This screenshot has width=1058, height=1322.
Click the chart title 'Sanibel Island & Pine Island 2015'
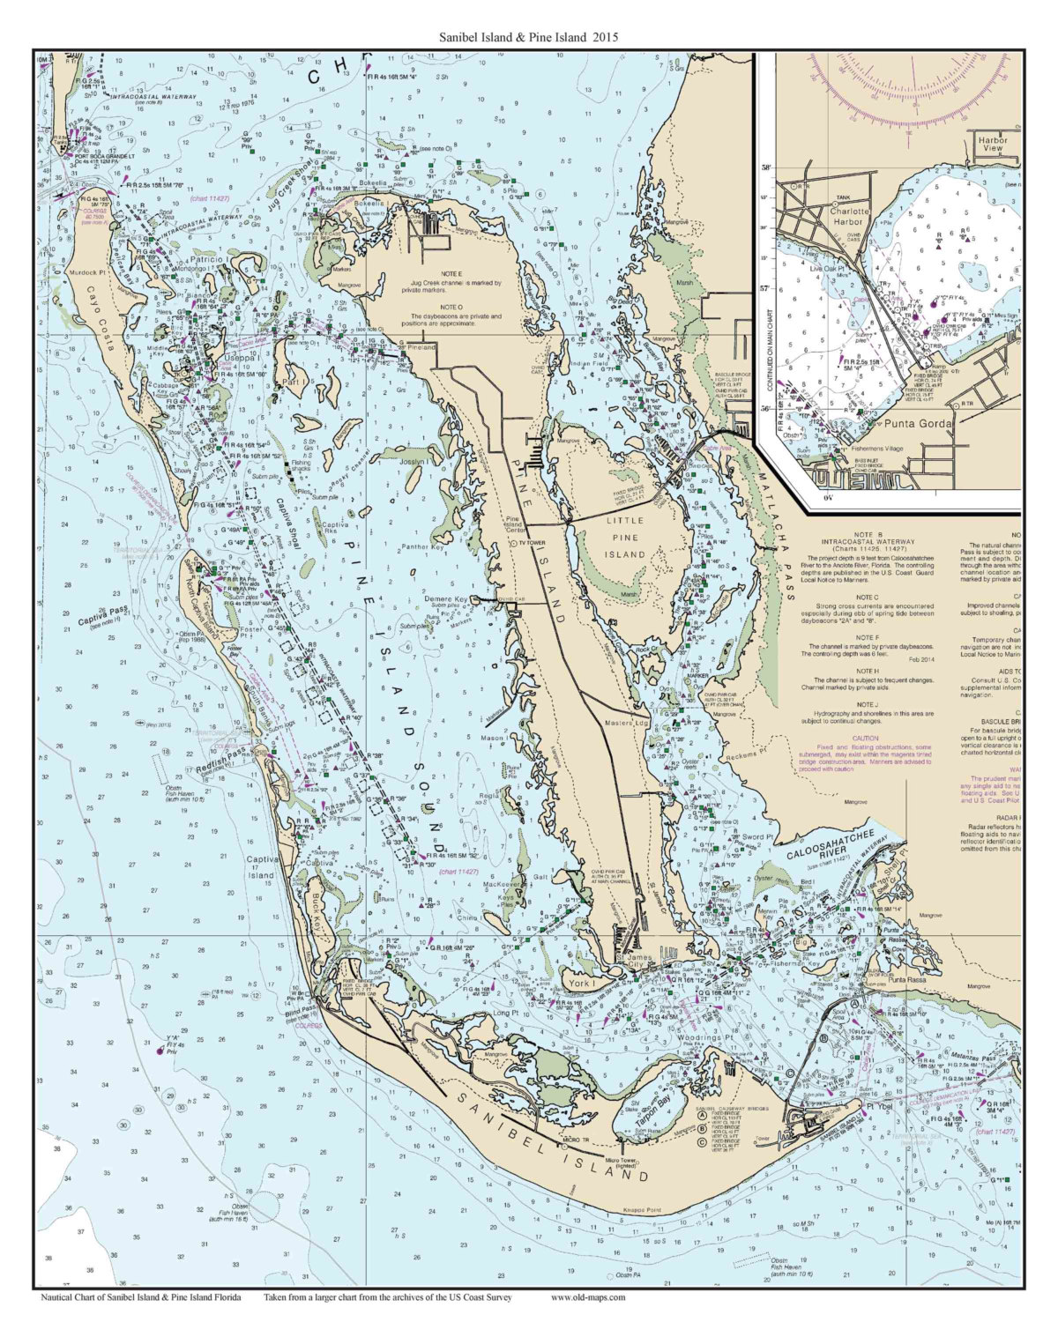point(529,38)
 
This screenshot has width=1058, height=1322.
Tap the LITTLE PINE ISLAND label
point(625,537)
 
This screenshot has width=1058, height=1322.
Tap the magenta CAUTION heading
point(865,738)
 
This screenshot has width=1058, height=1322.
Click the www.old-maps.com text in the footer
point(588,1297)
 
